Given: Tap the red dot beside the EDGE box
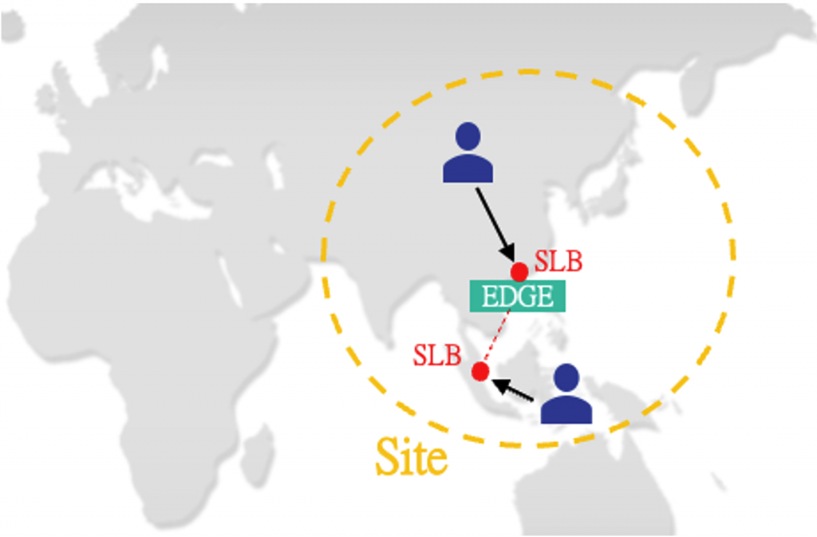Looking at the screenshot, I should pos(519,271).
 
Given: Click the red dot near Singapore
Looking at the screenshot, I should pos(480,371).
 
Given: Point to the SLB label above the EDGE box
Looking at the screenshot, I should pos(558,261).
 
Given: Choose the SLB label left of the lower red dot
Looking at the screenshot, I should pos(436,355).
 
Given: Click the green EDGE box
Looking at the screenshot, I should pos(518,297).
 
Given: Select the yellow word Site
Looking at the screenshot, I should pos(411,457).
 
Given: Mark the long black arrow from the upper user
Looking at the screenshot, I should pos(495,223).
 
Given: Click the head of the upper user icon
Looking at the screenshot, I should pos(468,135).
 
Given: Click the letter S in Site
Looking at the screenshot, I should pos(386,456).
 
